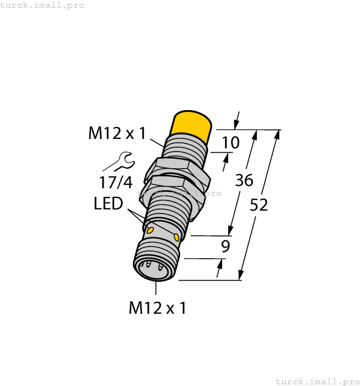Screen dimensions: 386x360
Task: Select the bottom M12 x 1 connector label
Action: pos(157,308)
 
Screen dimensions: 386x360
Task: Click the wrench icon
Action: pos(117,161)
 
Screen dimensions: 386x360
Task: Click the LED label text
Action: pos(108,204)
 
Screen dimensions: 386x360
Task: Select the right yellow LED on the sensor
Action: pos(176,237)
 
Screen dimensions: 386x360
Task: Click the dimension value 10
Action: pos(230,143)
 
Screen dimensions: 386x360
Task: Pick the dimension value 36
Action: pos(244,180)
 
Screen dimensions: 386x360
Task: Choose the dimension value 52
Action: pos(259,205)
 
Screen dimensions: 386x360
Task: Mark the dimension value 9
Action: pos(225,246)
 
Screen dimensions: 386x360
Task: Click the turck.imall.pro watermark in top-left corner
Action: pos(42,5)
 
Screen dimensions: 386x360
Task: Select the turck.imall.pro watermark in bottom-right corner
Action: pos(317,381)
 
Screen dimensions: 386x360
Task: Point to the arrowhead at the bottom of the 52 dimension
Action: pos(241,275)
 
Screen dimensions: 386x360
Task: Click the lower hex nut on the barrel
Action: pos(176,185)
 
